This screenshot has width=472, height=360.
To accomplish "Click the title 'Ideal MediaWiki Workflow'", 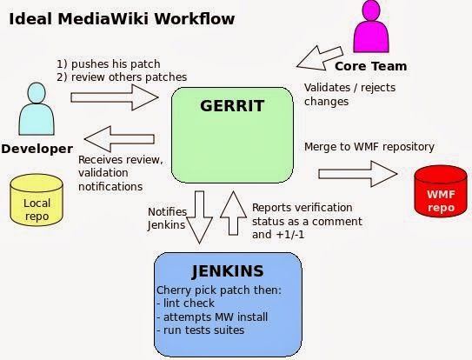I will pyautogui.click(x=121, y=17).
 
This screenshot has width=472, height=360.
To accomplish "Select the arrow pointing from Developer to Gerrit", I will pyautogui.click(x=114, y=95).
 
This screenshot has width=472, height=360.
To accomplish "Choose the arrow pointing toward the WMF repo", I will pyautogui.click(x=356, y=172).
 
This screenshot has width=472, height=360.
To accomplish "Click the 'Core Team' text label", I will pyautogui.click(x=372, y=66).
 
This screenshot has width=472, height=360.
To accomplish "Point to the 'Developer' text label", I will pyautogui.click(x=37, y=149).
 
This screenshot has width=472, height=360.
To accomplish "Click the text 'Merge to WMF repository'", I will pyautogui.click(x=369, y=146).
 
